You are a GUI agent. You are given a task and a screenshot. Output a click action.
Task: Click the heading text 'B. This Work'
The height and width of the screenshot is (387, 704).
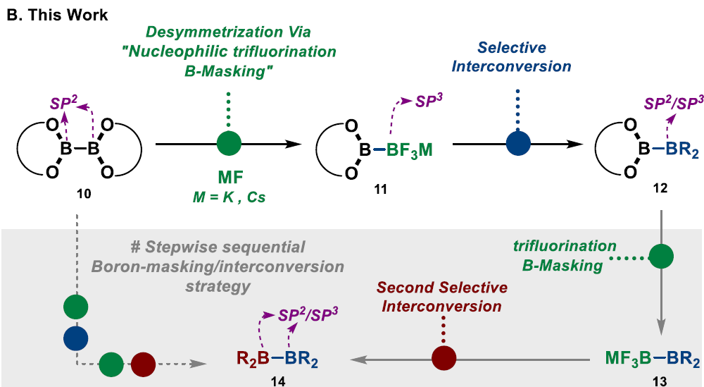(x=57, y=14)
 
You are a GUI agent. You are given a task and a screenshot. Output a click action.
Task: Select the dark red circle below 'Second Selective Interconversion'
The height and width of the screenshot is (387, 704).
(x=444, y=360)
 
